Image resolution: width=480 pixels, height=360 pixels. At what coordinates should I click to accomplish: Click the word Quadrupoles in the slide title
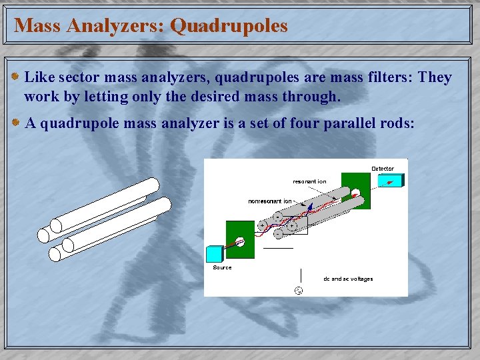pyautogui.click(x=229, y=25)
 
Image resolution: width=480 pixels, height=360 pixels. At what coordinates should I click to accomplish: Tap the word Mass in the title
pyautogui.click(x=37, y=25)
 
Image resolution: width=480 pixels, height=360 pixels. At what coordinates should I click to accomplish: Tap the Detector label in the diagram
pyautogui.click(x=382, y=169)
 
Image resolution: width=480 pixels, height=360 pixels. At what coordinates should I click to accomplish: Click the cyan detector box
pyautogui.click(x=394, y=180)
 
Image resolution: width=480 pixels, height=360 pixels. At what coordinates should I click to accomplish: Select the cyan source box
pyautogui.click(x=216, y=254)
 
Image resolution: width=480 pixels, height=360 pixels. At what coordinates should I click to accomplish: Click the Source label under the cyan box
pyautogui.click(x=222, y=267)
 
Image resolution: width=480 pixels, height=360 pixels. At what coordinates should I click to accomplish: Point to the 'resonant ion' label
pyautogui.click(x=309, y=181)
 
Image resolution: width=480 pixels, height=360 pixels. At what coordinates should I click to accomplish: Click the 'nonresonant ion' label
pyautogui.click(x=270, y=201)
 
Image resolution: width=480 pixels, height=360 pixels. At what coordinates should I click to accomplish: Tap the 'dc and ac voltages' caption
pyautogui.click(x=348, y=279)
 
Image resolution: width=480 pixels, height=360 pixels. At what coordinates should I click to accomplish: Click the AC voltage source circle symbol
pyautogui.click(x=299, y=290)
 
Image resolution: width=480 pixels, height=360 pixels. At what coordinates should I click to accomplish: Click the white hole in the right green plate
pyautogui.click(x=356, y=194)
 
